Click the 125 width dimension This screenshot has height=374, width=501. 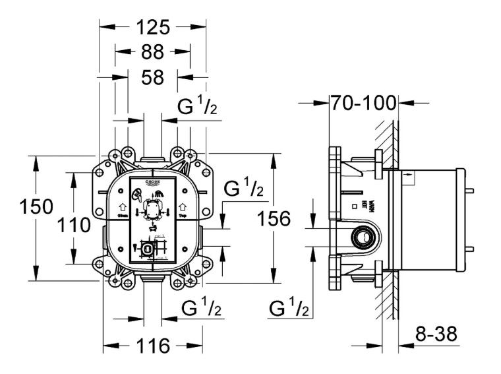coord(152,27)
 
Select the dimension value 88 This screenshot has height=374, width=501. coord(153,52)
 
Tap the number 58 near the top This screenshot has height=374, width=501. coord(152,77)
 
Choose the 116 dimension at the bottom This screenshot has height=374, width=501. coord(153,346)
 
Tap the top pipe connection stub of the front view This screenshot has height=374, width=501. coord(152,161)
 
